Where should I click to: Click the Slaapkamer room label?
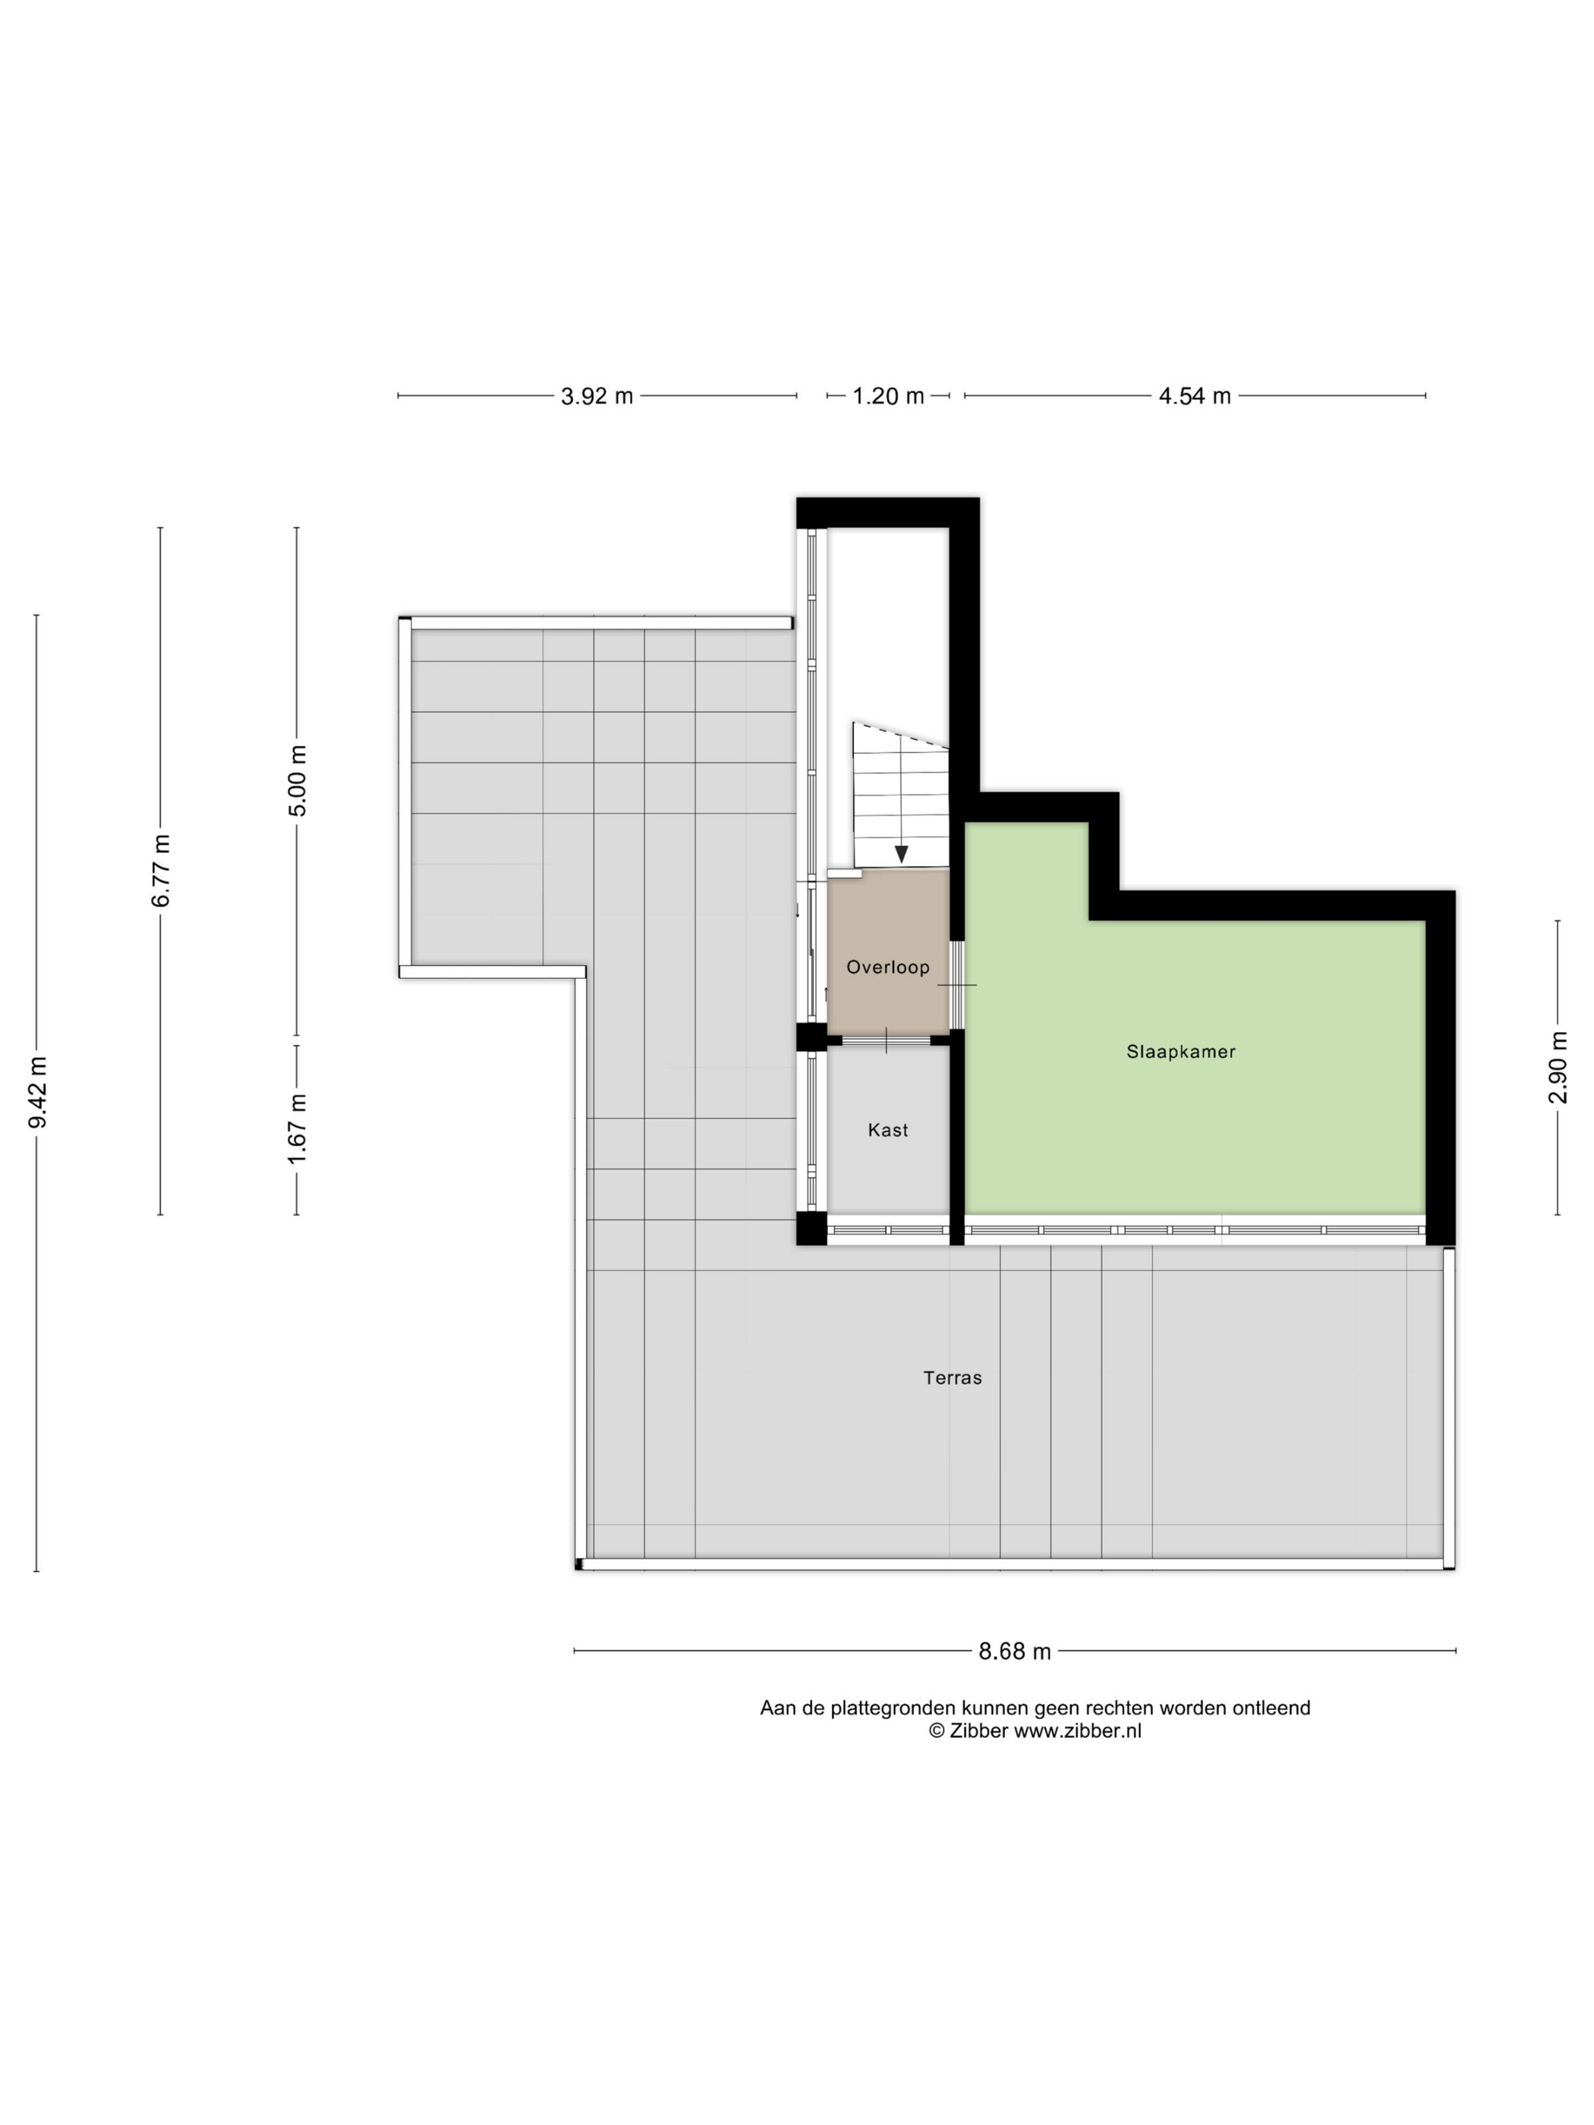[x=1181, y=1052]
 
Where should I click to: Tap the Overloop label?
[x=888, y=968]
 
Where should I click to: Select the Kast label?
[x=888, y=1130]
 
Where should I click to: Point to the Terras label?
[x=952, y=1377]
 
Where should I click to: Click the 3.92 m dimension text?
[x=597, y=396]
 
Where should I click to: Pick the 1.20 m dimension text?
[x=888, y=396]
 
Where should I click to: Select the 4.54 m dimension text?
[x=1194, y=396]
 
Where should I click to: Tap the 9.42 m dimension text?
[x=37, y=1092]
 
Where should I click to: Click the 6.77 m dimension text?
[x=160, y=870]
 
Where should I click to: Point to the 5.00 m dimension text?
[x=298, y=780]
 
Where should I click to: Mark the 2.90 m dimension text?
[x=1558, y=1067]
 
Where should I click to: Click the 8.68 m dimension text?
[x=1015, y=1651]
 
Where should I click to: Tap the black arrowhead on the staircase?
[x=901, y=854]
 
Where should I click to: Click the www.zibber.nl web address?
[x=1078, y=1731]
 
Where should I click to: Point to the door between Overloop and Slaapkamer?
[x=957, y=984]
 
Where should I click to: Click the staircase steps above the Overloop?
[x=900, y=794]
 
